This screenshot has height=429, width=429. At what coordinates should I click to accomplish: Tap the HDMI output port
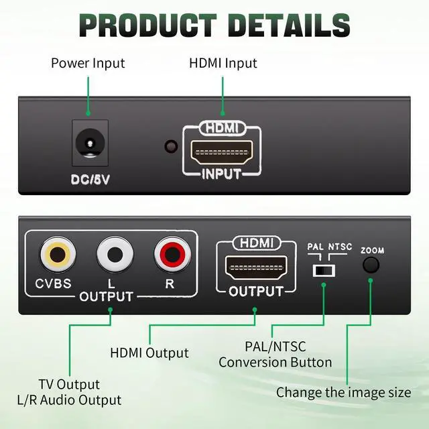[x=255, y=268]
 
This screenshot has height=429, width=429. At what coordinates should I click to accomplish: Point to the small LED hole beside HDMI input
[x=171, y=145]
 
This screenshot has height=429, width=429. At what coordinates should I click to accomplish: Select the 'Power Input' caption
[x=88, y=64]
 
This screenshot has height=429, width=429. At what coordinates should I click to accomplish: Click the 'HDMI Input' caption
[x=223, y=64]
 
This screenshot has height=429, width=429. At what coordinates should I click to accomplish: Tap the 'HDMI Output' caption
[x=149, y=353]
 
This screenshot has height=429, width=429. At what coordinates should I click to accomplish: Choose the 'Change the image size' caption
[x=343, y=392]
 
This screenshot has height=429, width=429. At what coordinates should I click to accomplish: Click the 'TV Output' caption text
[x=69, y=384]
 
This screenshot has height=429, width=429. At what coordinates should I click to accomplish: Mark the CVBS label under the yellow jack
[x=54, y=283]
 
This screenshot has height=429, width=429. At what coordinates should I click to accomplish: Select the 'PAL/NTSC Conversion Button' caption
[x=275, y=355]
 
